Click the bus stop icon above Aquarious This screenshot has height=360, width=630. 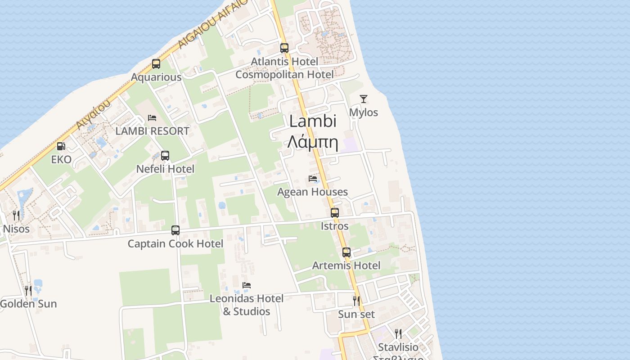[x=156, y=64]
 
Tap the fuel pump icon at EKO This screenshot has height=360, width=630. [x=60, y=146]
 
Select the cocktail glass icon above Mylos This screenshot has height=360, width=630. [x=364, y=99]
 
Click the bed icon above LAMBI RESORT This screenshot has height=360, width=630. [x=152, y=118]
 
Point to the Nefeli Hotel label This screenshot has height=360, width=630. [x=165, y=169]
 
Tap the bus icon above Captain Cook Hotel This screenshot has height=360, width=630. [x=175, y=230]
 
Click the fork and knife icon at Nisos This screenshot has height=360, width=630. [x=16, y=215]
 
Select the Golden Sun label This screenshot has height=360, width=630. [x=29, y=304]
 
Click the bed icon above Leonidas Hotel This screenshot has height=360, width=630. [x=246, y=285]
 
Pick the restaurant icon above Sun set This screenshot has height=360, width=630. [x=356, y=300]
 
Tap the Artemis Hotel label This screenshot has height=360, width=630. [x=346, y=265]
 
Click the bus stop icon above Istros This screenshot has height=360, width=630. [x=334, y=213]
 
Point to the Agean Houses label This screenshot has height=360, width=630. [x=312, y=192]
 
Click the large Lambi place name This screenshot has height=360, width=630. [x=313, y=121]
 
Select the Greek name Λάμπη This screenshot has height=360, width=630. [x=313, y=142]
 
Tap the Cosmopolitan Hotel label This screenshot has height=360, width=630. [x=284, y=75]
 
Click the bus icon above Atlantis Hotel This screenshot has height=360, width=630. [x=284, y=48]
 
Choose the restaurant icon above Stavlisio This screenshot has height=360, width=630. [x=398, y=333]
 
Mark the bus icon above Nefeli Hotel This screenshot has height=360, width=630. [x=165, y=156]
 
